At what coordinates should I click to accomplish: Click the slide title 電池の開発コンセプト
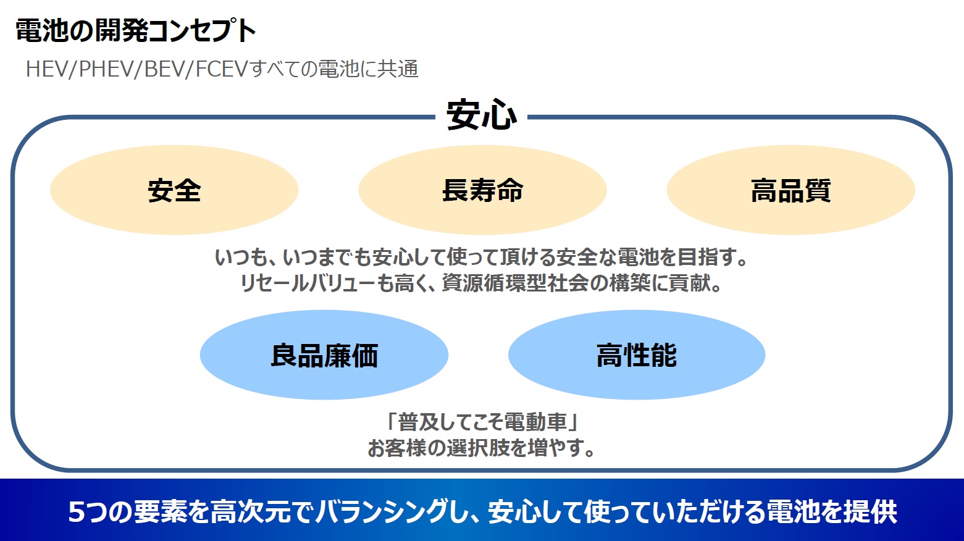coord(135,31)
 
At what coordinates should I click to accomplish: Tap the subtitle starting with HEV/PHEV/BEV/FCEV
coord(222,69)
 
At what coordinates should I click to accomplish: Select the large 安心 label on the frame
coord(482,115)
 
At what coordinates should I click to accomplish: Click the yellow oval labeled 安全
coord(174,190)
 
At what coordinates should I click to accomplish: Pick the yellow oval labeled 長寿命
coord(482,190)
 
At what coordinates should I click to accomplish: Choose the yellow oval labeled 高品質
coord(790,190)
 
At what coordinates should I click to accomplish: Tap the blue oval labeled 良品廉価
coord(324,355)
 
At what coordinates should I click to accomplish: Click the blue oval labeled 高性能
coord(637,355)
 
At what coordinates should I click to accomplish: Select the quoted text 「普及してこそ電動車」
coord(482,422)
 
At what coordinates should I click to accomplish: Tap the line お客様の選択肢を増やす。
coord(482,448)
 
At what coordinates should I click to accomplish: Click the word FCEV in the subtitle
coord(222,69)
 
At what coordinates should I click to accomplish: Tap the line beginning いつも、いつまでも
coord(482,257)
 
